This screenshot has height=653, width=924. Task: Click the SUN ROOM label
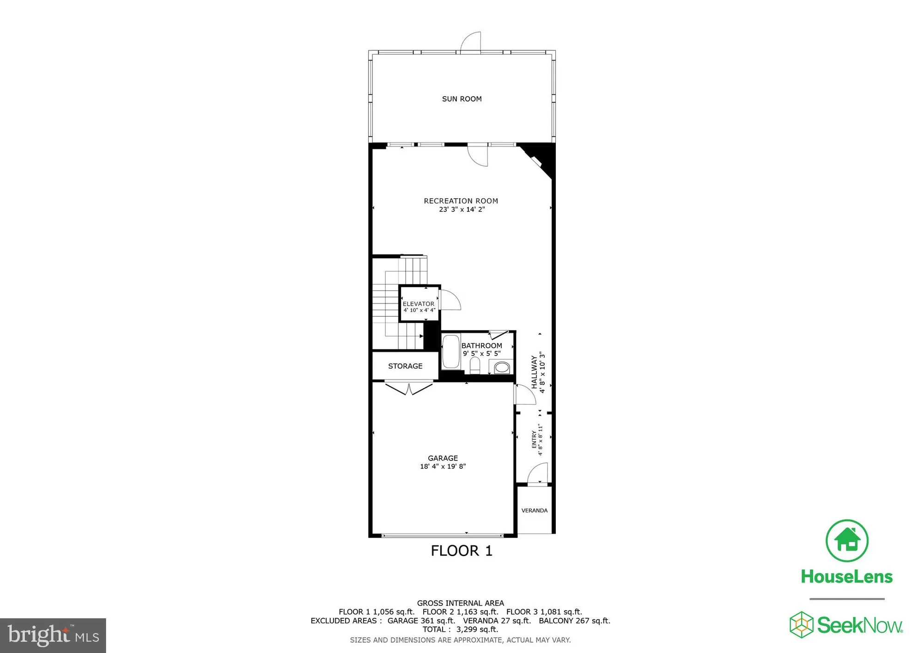coord(462,99)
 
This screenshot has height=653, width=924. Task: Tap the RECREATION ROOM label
coord(461,201)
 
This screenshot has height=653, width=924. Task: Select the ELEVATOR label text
coord(419,304)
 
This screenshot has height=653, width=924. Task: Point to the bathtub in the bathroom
coord(451,352)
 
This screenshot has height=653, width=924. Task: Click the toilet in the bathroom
coord(475,366)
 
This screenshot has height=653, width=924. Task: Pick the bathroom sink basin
coord(502,368)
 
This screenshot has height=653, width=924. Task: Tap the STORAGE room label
coord(405,366)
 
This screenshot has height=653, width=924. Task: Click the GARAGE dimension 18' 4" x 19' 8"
coord(443,466)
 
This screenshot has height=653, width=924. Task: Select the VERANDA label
coord(535,510)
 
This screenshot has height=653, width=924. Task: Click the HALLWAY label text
coord(535,372)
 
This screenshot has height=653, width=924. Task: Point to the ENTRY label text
coord(534,439)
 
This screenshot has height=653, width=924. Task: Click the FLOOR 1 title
coord(462,550)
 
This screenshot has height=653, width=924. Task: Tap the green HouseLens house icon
coord(847,541)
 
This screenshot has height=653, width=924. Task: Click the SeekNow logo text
coord(859,625)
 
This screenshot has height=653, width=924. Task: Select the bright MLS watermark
coord(53,635)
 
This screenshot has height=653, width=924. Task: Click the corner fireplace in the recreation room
coord(539,159)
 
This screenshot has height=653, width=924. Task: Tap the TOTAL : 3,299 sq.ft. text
coord(460,629)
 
